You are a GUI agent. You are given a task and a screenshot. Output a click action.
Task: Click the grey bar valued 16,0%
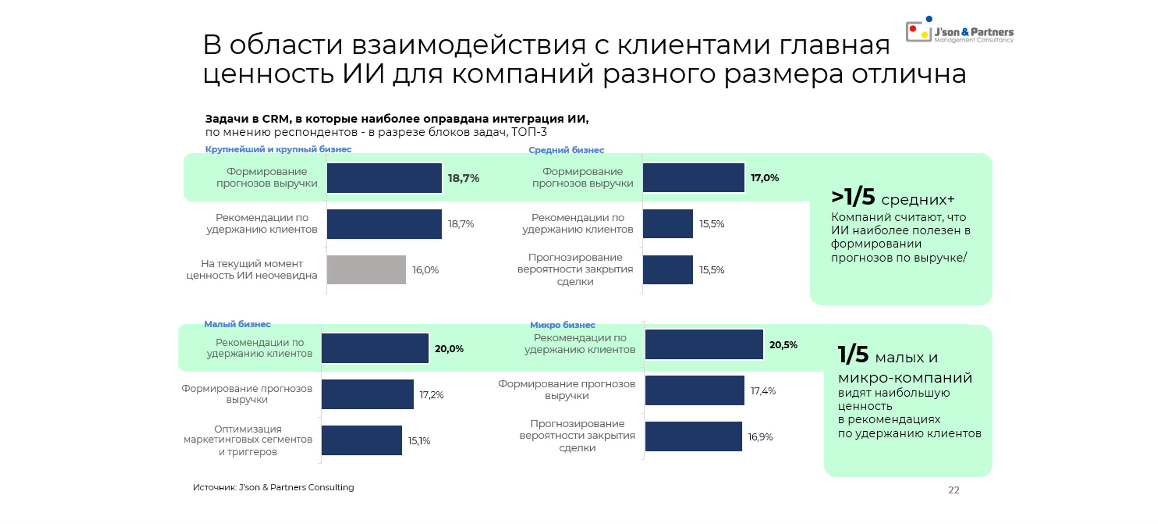(x=366, y=270)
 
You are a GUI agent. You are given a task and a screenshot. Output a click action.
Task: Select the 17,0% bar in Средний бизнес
(x=693, y=178)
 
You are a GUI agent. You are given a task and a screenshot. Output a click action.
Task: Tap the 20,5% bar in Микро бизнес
(x=704, y=345)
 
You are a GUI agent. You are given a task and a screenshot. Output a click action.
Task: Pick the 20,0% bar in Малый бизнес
(x=375, y=348)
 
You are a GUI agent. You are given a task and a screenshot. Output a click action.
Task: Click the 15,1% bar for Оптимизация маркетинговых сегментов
(x=361, y=440)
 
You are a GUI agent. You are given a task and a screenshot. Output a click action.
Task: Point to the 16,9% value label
(x=760, y=437)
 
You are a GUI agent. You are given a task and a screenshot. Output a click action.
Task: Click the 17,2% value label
(x=432, y=394)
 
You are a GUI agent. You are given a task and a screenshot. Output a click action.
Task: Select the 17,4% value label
(x=763, y=391)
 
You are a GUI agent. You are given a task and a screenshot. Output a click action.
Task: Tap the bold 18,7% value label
(x=463, y=178)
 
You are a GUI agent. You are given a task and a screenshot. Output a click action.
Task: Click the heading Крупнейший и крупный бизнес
(x=278, y=149)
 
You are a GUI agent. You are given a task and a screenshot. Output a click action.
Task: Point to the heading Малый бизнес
(x=237, y=324)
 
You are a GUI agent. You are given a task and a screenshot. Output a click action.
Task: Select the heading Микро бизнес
(x=562, y=325)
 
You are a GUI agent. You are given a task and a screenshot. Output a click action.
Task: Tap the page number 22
(x=953, y=490)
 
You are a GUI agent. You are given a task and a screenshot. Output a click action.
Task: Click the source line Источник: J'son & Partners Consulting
(x=273, y=487)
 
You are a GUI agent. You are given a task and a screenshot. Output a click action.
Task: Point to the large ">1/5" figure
(x=853, y=197)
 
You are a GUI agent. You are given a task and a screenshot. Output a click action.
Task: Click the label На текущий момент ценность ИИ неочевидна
(x=252, y=269)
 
